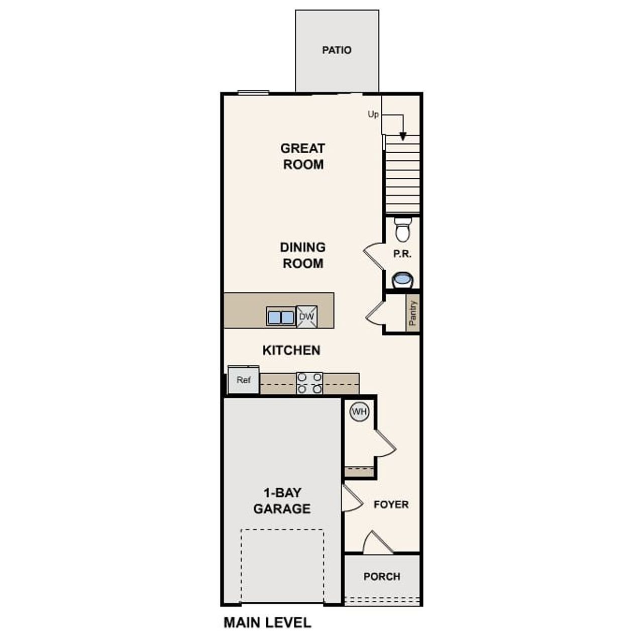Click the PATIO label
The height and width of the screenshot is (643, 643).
click(x=337, y=50)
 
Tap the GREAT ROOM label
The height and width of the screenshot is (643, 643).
click(x=302, y=156)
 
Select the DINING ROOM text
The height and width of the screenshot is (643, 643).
click(x=302, y=255)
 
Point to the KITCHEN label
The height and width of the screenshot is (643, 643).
click(x=291, y=350)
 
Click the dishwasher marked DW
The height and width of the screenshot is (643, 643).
click(x=306, y=317)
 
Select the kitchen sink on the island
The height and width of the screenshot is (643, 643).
click(x=281, y=317)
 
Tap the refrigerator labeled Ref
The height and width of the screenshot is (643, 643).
click(x=244, y=380)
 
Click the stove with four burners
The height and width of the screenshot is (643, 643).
click(x=309, y=383)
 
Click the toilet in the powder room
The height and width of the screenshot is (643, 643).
click(x=402, y=230)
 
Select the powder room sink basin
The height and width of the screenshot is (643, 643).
click(x=402, y=279)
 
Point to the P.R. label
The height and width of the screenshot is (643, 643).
click(x=402, y=254)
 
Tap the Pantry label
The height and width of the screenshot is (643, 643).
click(x=413, y=313)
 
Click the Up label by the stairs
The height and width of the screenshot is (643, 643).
click(x=373, y=115)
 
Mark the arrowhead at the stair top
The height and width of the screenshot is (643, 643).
click(x=403, y=136)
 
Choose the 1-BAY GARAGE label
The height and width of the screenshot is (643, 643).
click(x=282, y=501)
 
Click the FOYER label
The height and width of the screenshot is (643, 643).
click(x=391, y=504)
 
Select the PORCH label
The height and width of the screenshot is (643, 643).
click(x=382, y=577)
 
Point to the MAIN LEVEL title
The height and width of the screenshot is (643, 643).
click(x=267, y=623)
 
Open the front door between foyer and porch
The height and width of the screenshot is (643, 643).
click(x=378, y=544)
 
